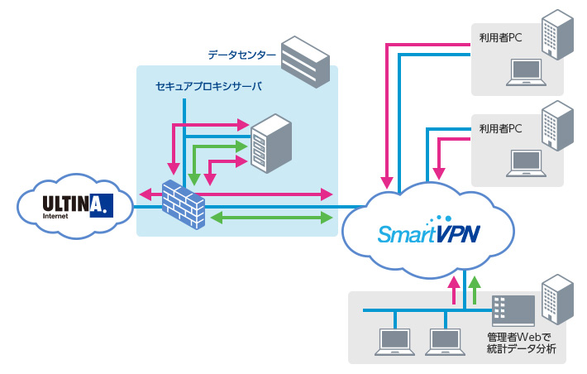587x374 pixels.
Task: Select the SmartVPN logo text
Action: (x=427, y=234)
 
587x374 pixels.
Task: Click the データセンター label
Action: (x=237, y=55)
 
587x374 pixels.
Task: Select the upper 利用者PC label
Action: (x=501, y=37)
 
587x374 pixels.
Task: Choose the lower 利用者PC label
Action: (x=501, y=129)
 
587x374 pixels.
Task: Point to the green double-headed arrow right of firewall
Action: (x=265, y=218)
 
